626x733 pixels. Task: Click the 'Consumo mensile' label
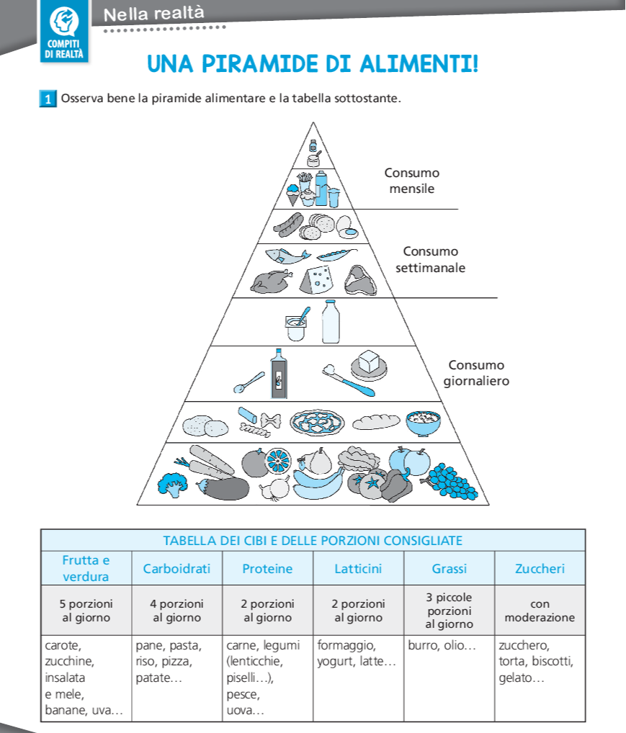click(x=411, y=181)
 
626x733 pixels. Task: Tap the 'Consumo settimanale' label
click(x=430, y=260)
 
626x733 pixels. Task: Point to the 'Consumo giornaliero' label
click(x=475, y=373)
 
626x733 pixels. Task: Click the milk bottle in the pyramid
click(x=331, y=321)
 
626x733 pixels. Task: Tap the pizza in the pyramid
click(x=316, y=423)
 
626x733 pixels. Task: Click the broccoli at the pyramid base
click(x=172, y=484)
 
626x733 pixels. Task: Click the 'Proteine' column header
click(x=267, y=569)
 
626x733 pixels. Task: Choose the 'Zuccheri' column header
click(x=540, y=569)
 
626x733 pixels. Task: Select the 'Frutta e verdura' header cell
click(x=86, y=569)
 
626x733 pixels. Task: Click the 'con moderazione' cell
click(x=540, y=611)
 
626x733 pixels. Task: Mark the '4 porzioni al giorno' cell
click(x=176, y=611)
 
